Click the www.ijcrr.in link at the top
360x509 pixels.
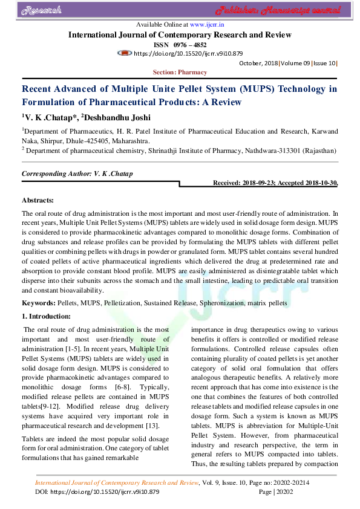(x=208, y=25)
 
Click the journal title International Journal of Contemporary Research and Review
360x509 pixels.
(x=180, y=35)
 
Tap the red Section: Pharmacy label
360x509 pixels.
(x=180, y=73)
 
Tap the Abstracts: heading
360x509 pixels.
(x=38, y=199)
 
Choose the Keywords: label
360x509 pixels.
(x=38, y=302)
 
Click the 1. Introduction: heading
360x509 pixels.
(x=46, y=316)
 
